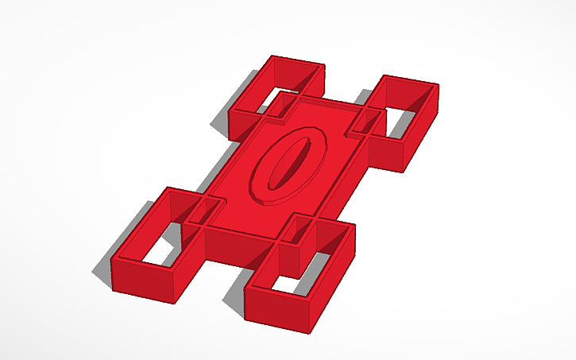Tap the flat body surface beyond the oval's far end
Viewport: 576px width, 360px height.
tap(334, 119)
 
